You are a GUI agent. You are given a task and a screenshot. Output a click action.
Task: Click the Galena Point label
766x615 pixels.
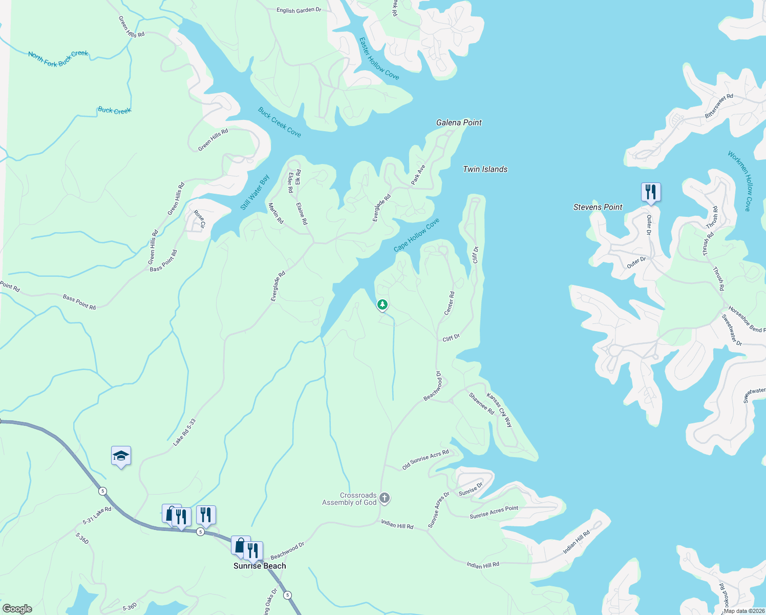[459, 122]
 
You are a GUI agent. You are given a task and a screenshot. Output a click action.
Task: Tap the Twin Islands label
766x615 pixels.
[485, 169]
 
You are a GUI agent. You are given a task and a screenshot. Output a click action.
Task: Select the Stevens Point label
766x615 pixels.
[598, 207]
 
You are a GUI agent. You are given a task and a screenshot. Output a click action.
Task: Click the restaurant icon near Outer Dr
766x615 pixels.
[651, 192]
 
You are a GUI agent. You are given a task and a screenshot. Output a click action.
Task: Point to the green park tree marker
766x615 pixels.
[382, 305]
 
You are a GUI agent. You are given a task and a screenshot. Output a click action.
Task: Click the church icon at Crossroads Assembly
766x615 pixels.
[385, 498]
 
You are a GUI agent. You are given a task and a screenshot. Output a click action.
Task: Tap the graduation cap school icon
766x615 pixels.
[121, 456]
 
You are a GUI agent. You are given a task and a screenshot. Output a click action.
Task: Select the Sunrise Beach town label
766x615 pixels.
[260, 566]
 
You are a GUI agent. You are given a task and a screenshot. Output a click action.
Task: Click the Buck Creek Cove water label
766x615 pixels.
[279, 122]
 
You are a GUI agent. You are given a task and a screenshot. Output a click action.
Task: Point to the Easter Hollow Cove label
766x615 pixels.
[379, 58]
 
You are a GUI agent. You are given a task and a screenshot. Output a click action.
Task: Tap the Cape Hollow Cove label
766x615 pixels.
[416, 235]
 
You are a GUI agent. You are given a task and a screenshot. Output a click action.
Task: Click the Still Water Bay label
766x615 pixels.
[255, 192]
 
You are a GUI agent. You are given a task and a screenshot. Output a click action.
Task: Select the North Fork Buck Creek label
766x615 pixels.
[58, 58]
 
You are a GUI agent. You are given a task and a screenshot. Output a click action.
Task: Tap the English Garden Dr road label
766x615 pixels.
[299, 10]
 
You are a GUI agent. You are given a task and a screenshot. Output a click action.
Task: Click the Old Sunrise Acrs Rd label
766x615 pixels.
[425, 459]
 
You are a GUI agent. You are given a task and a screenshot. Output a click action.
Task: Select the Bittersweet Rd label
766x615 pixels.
[719, 107]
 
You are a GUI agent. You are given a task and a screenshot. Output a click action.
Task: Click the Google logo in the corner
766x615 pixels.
[17, 609]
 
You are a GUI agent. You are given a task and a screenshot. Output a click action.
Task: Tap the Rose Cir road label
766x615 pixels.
[199, 219]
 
